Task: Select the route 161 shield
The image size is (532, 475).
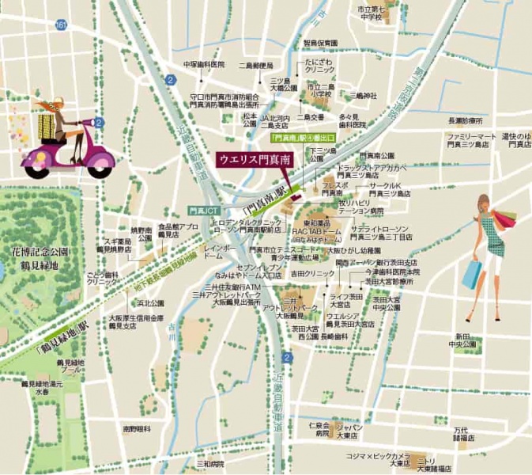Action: pyautogui.click(x=61, y=25)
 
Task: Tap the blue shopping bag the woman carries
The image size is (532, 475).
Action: pyautogui.click(x=471, y=274)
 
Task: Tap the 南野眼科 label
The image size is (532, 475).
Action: pyautogui.click(x=137, y=428)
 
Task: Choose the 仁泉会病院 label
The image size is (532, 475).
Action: pyautogui.click(x=322, y=430)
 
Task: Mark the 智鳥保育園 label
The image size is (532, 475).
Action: pyautogui.click(x=320, y=43)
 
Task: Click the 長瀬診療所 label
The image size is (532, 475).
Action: pyautogui.click(x=465, y=121)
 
